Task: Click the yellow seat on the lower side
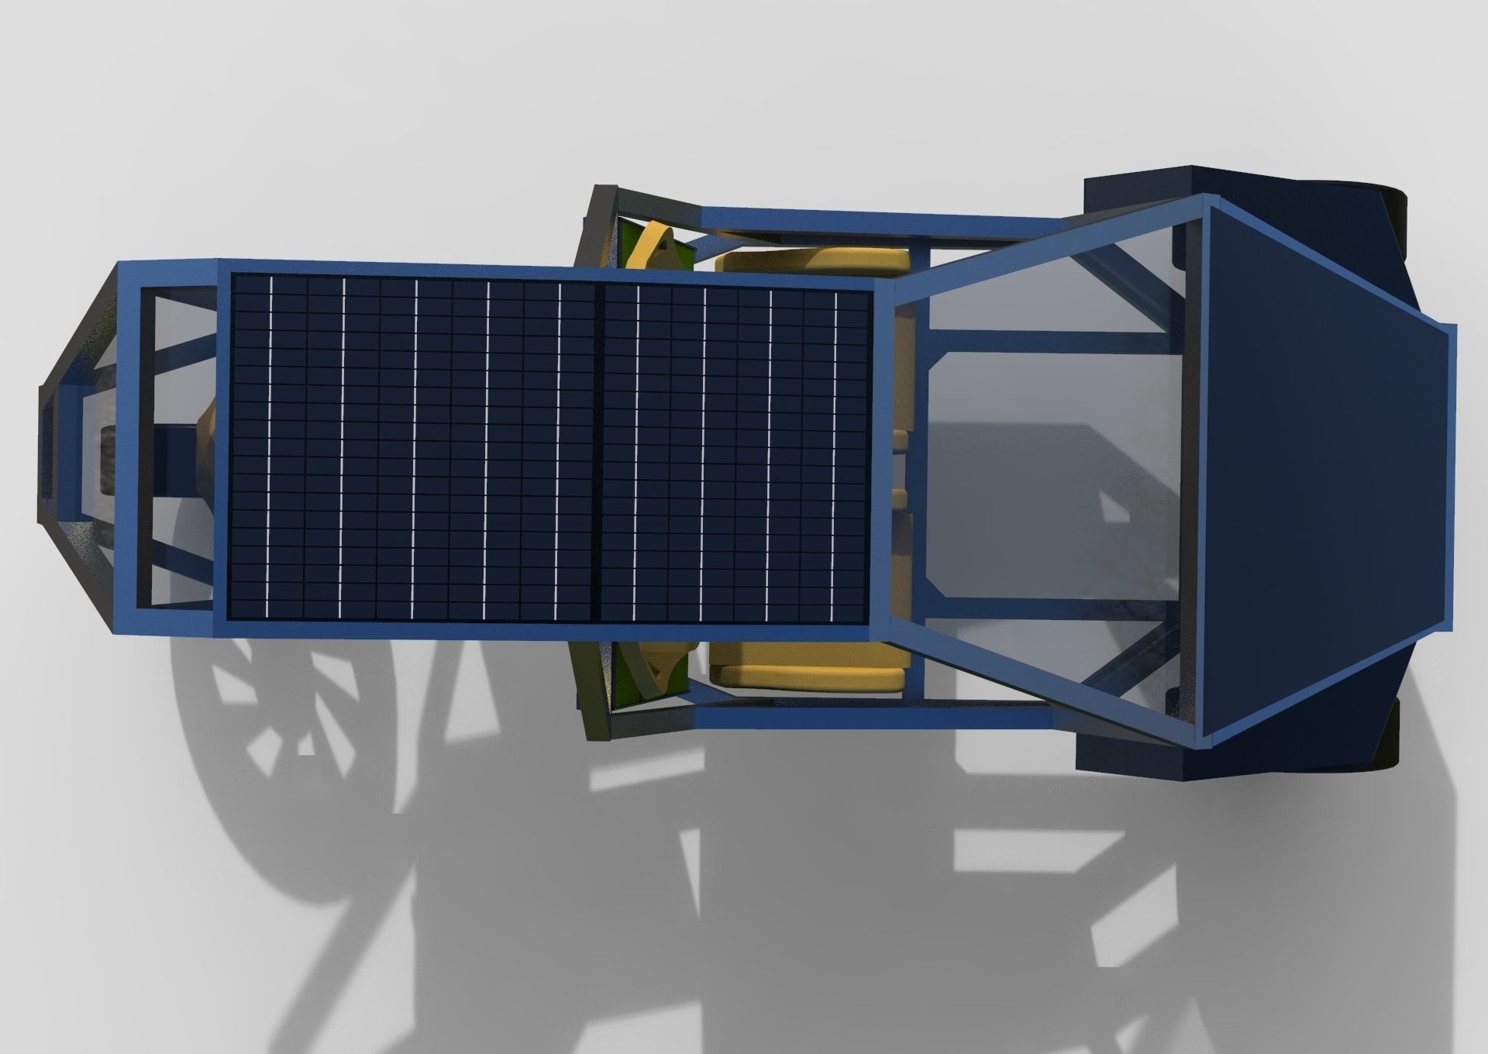[x=810, y=668]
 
